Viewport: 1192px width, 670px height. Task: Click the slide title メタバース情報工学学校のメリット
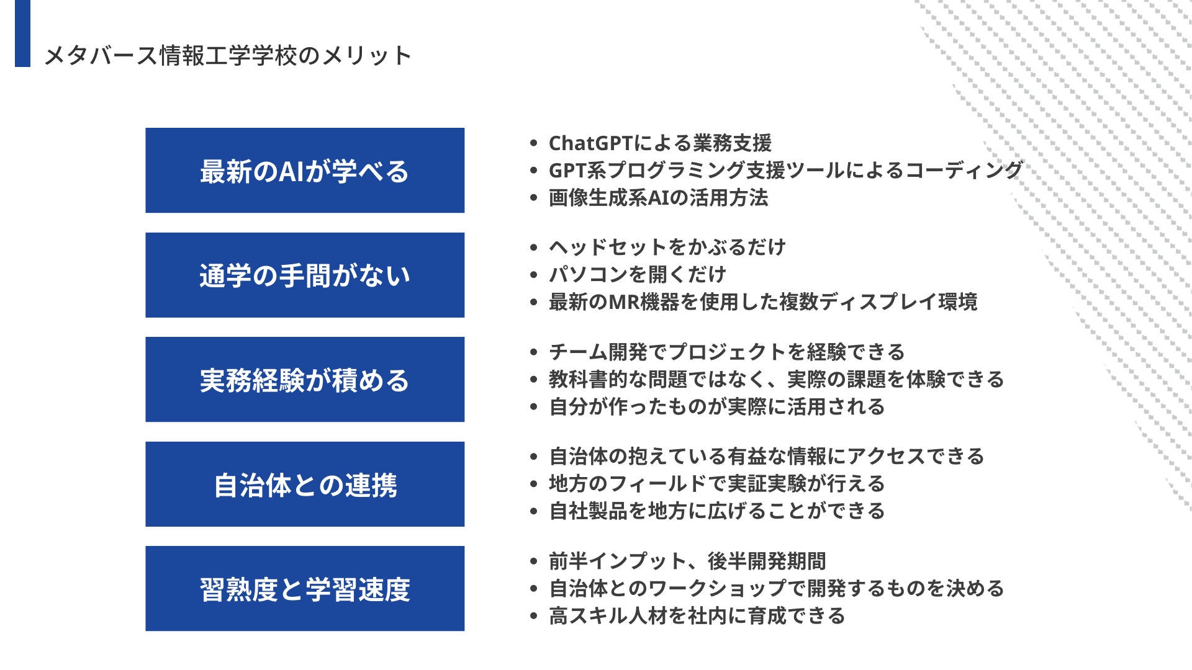pyautogui.click(x=227, y=56)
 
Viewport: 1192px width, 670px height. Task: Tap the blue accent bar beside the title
pyautogui.click(x=22, y=33)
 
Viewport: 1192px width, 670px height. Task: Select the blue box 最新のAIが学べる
pyautogui.click(x=305, y=171)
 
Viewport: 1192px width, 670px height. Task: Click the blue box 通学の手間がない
pyautogui.click(x=305, y=275)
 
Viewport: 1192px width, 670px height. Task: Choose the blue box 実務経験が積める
pyautogui.click(x=305, y=380)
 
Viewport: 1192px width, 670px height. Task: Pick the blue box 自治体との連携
pyautogui.click(x=305, y=484)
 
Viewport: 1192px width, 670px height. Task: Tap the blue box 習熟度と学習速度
pyautogui.click(x=305, y=589)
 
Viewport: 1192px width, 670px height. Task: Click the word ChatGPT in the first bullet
pyautogui.click(x=590, y=143)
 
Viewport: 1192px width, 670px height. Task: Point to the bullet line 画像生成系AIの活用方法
pyautogui.click(x=658, y=198)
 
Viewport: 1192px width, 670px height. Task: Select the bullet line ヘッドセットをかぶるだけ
pyautogui.click(x=667, y=248)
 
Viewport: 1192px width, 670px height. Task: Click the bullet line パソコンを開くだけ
pyautogui.click(x=638, y=274)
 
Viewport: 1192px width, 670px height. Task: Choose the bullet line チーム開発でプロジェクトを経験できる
pyautogui.click(x=727, y=352)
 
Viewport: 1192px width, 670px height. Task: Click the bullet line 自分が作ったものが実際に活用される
pyautogui.click(x=717, y=407)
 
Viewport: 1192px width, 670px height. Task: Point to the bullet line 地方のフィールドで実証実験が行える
pyautogui.click(x=717, y=484)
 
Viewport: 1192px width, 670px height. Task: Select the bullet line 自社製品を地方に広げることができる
pyautogui.click(x=717, y=511)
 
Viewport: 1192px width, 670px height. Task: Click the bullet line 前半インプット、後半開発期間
pyautogui.click(x=687, y=561)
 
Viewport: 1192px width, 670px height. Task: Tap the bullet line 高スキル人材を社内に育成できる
pyautogui.click(x=697, y=616)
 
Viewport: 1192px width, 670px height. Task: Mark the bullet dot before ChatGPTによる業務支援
pyautogui.click(x=533, y=143)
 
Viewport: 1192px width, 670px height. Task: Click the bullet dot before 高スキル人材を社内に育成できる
pyautogui.click(x=533, y=616)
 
